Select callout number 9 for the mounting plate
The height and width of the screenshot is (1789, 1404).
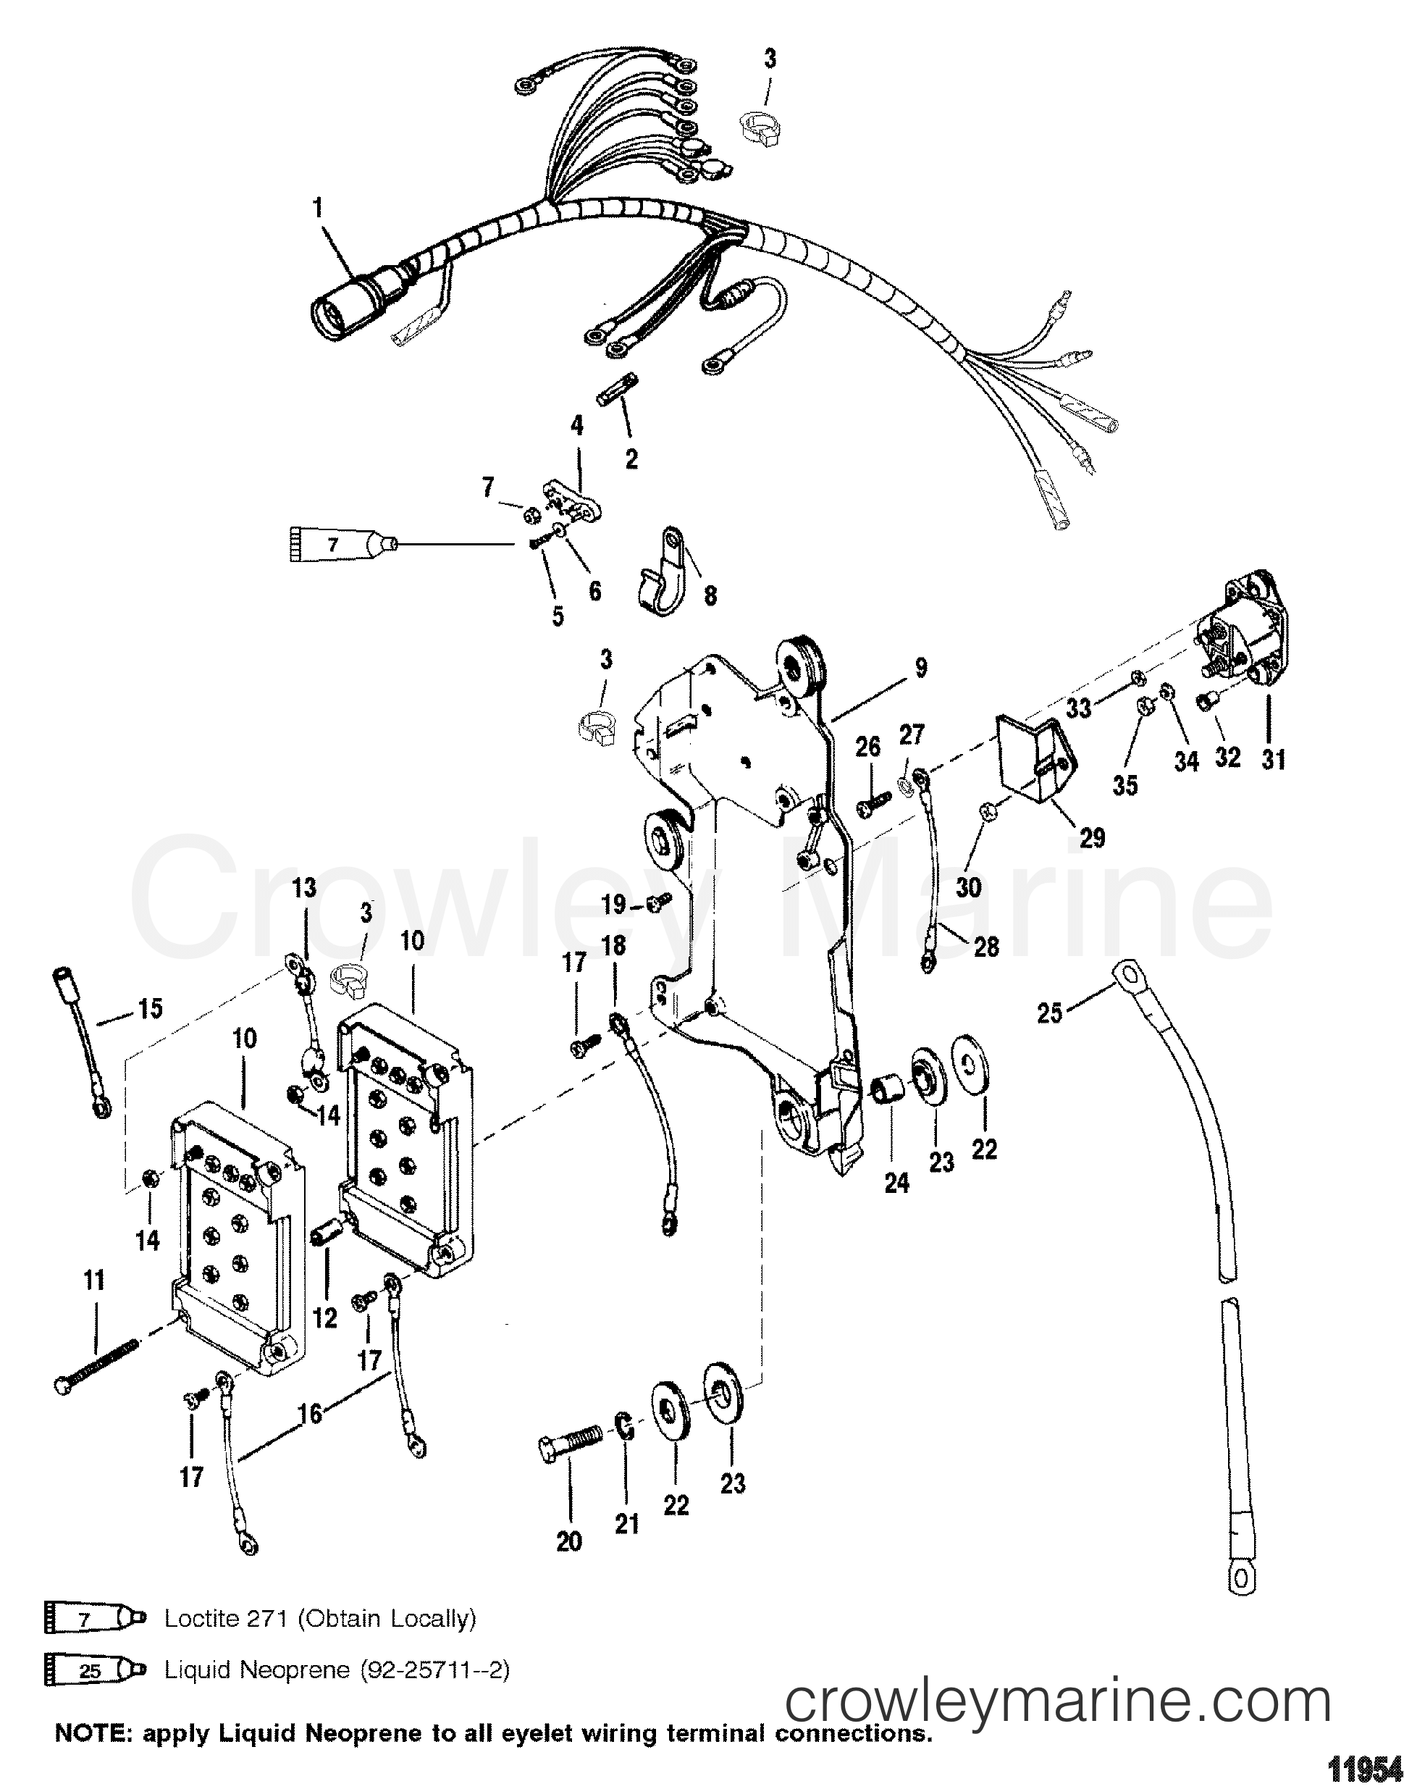click(x=920, y=667)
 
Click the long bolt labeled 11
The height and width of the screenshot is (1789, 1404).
click(x=98, y=1357)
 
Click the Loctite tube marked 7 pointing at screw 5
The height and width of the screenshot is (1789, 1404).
click(x=344, y=545)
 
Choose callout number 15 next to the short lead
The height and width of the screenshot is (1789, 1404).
click(x=150, y=1008)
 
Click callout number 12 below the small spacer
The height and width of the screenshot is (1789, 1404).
click(x=326, y=1318)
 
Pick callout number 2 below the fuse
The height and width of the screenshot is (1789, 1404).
click(x=631, y=458)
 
